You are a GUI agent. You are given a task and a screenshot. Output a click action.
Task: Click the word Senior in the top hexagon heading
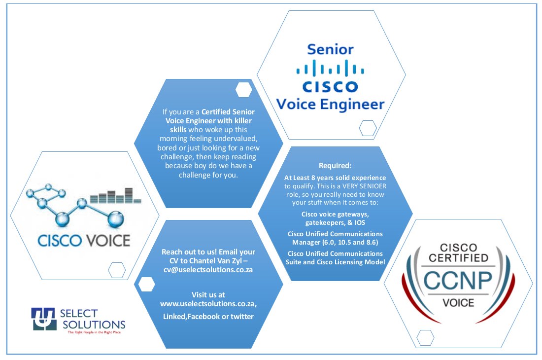point(330,50)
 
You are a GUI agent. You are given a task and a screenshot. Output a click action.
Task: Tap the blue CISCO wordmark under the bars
point(330,87)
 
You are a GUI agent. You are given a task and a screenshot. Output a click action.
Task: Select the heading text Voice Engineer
point(330,105)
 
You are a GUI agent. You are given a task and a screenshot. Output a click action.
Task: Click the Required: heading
point(335,166)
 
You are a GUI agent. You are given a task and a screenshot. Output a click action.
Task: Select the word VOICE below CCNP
point(458,302)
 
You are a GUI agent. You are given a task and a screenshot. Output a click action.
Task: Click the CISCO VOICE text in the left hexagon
point(84,241)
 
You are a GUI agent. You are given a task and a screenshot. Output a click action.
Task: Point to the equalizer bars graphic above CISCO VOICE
point(115,196)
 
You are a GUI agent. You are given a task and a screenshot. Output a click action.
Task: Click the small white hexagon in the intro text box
point(244,90)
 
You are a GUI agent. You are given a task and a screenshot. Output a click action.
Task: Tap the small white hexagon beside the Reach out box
point(146,285)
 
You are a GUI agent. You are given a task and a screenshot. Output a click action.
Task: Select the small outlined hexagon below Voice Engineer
point(368,128)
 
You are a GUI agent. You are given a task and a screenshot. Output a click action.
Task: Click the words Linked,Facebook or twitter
point(208,317)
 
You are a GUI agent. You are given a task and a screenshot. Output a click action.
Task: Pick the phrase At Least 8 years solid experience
point(335,177)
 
